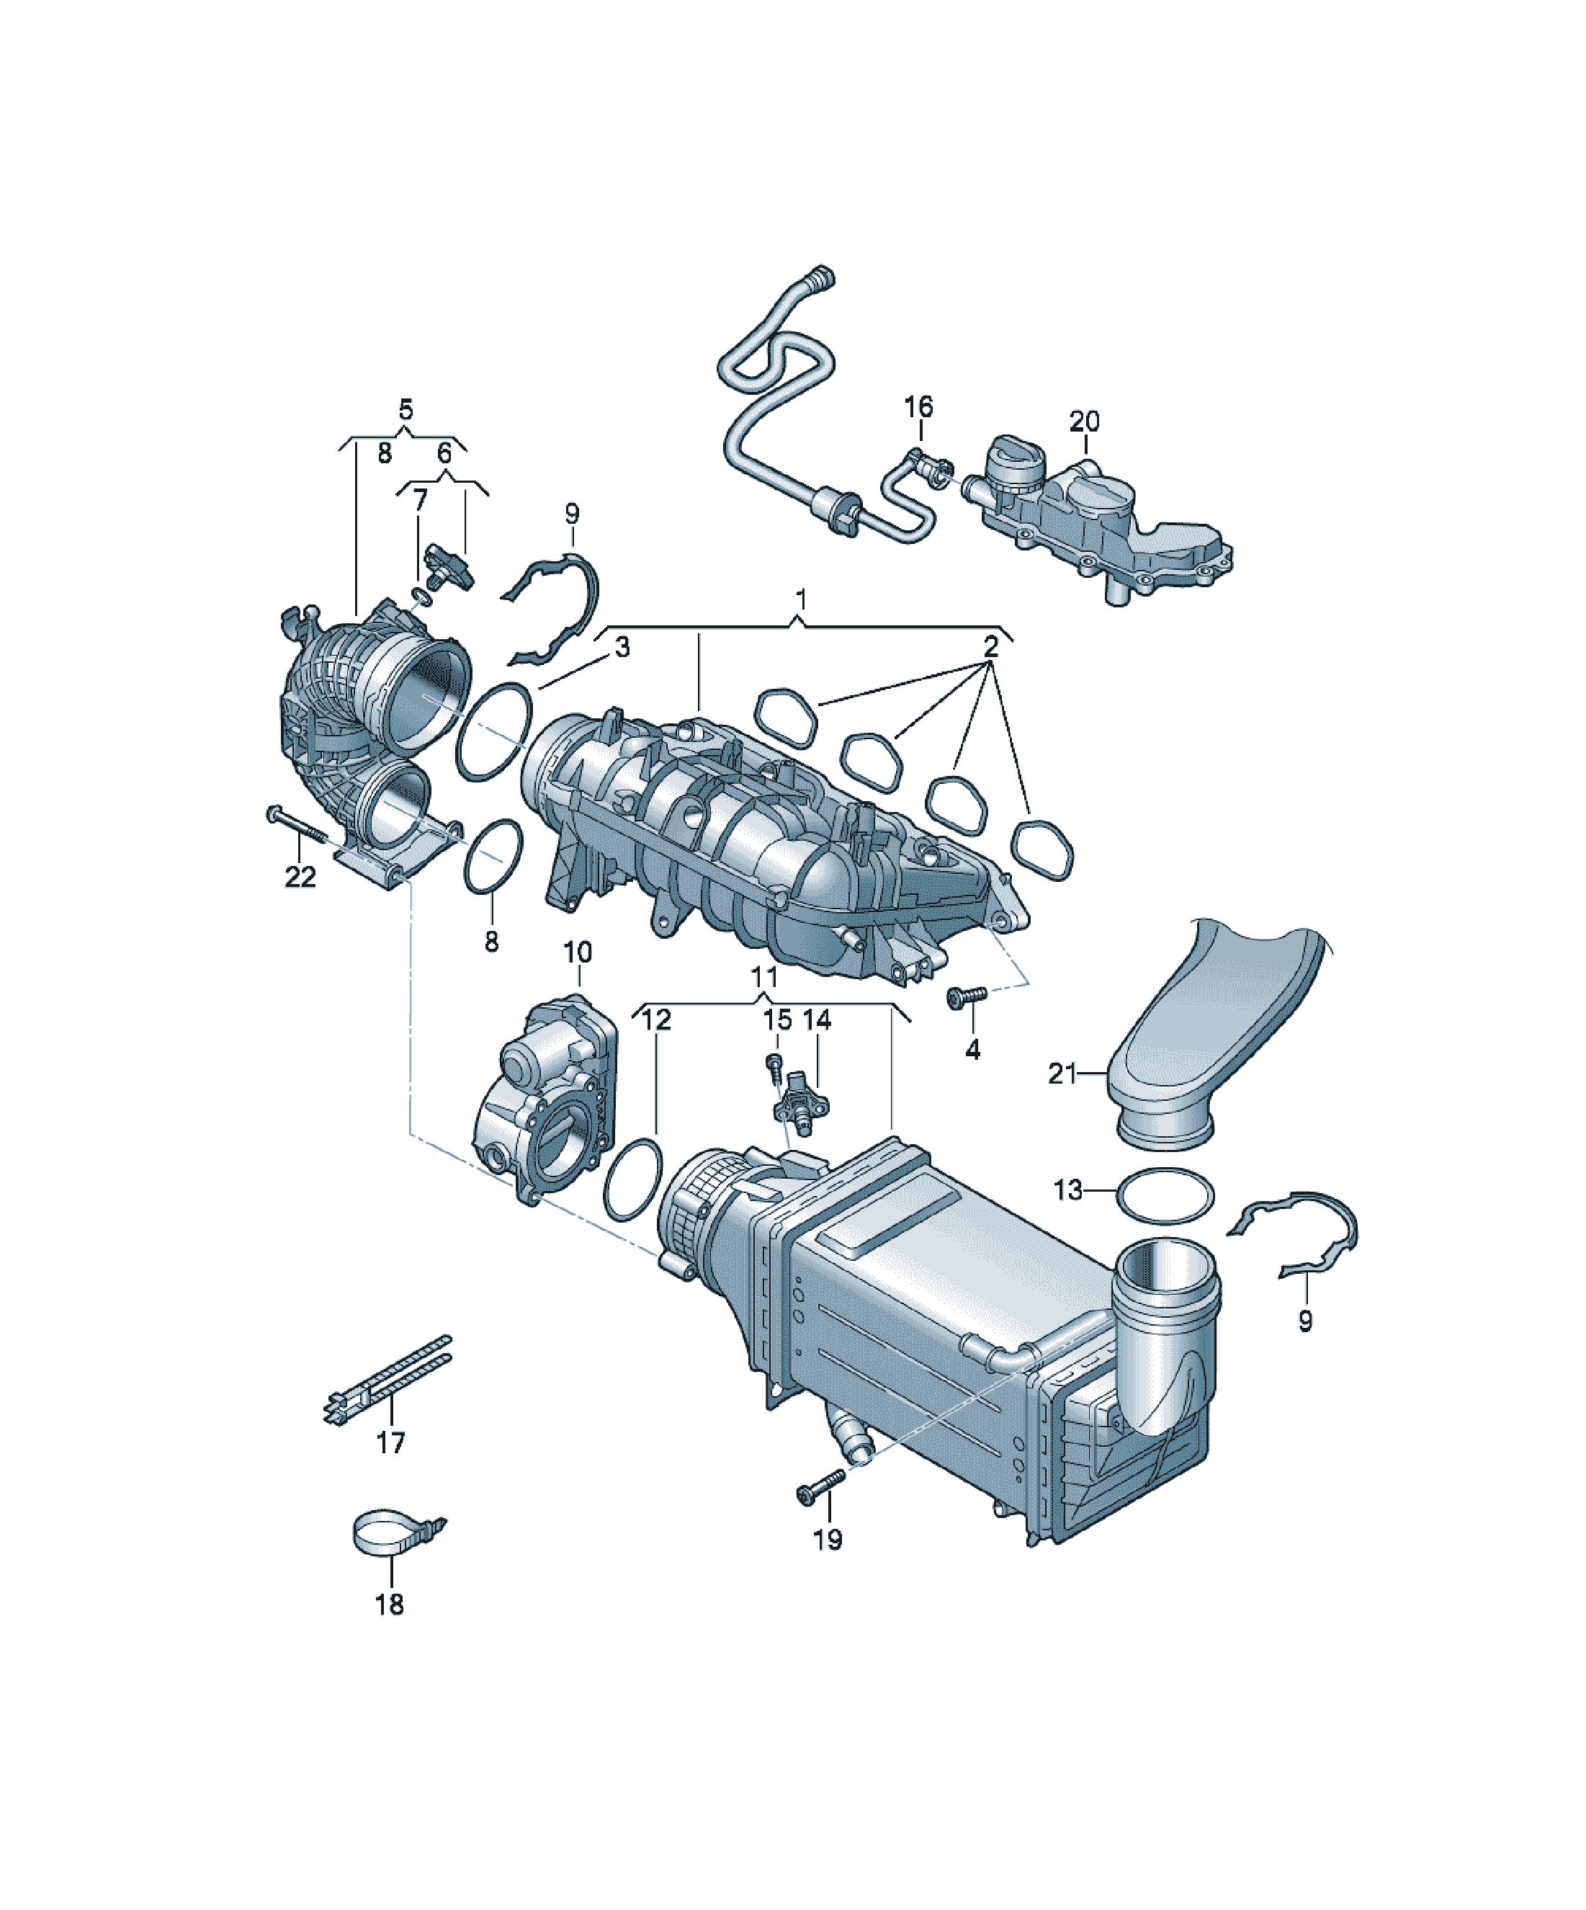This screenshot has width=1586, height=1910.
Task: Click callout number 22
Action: tap(300, 877)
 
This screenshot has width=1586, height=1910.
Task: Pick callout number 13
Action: tap(1069, 1189)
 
